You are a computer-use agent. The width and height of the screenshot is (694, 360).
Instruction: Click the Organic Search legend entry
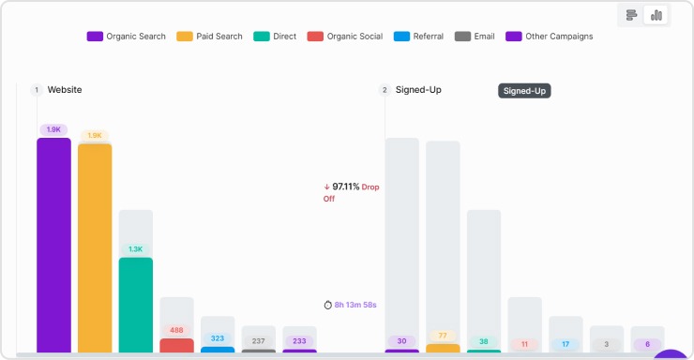127,37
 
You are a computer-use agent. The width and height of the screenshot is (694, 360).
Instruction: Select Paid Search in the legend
209,37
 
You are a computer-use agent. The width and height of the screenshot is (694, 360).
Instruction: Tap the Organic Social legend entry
346,37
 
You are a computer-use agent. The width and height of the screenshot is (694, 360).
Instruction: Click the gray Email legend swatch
462,37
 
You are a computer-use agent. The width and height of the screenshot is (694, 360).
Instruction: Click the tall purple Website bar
53,244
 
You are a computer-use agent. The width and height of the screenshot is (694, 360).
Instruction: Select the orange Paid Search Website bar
95,247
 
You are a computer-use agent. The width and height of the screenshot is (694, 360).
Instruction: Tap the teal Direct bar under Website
136,305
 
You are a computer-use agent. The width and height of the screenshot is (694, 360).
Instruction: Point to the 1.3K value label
136,249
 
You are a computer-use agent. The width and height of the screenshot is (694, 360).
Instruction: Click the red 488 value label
176,330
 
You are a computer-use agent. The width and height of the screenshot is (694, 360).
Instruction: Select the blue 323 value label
218,337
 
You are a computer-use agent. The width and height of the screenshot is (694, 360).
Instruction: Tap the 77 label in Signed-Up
443,336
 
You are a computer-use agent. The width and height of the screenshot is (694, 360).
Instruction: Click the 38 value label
484,341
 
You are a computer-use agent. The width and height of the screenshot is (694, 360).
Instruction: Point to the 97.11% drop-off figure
346,187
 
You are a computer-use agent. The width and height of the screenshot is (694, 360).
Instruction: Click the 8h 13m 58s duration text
355,305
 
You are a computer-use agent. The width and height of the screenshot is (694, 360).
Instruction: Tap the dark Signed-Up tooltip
524,91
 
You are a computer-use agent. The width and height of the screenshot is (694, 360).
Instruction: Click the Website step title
65,90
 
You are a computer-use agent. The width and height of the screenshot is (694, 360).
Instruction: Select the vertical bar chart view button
656,15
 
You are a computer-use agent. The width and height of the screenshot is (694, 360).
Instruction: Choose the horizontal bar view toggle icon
632,15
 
